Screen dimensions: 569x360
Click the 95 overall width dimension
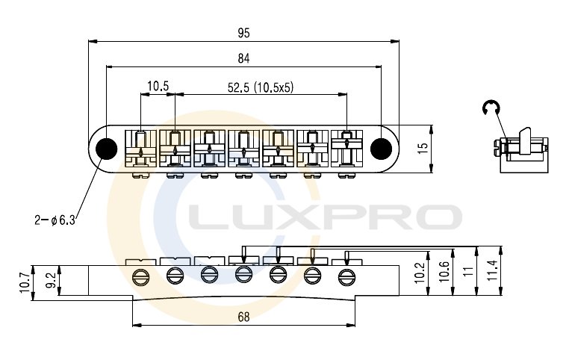tap(244, 33)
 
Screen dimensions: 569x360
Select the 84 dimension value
tap(244, 58)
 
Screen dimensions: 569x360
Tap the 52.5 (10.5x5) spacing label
tap(260, 87)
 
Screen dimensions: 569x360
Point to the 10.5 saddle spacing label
tap(158, 86)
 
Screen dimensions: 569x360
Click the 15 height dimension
tap(423, 149)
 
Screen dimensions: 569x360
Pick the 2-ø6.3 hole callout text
tap(55, 220)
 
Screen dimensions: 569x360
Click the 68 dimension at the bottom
tap(244, 317)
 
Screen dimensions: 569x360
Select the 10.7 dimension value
tap(25, 283)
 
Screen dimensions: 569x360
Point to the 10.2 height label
tap(419, 272)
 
